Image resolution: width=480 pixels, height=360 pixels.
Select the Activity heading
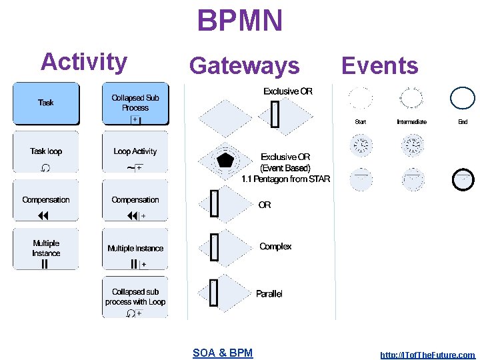click(84, 61)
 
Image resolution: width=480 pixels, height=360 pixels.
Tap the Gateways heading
click(244, 65)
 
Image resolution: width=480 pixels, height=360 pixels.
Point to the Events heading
click(379, 65)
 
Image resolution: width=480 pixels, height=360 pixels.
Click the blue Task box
click(46, 103)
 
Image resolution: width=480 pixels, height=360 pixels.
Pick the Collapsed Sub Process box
click(135, 103)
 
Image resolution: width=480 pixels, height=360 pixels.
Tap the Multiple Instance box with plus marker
click(135, 249)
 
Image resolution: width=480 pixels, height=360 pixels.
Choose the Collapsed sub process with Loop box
click(135, 298)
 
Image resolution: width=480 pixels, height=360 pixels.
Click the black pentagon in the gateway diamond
click(225, 160)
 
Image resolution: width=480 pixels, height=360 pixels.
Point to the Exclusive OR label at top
click(287, 91)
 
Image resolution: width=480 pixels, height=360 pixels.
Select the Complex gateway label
click(275, 247)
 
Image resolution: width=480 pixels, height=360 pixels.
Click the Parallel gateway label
click(269, 294)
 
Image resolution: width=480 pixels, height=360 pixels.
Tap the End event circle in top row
click(463, 99)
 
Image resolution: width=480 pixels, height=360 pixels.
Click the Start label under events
click(361, 122)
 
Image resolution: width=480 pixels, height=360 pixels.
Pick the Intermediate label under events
click(411, 122)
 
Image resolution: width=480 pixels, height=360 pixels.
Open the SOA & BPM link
click(223, 353)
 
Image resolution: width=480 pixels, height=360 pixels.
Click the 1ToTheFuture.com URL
click(427, 355)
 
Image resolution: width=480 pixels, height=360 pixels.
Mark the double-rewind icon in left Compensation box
click(44, 215)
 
